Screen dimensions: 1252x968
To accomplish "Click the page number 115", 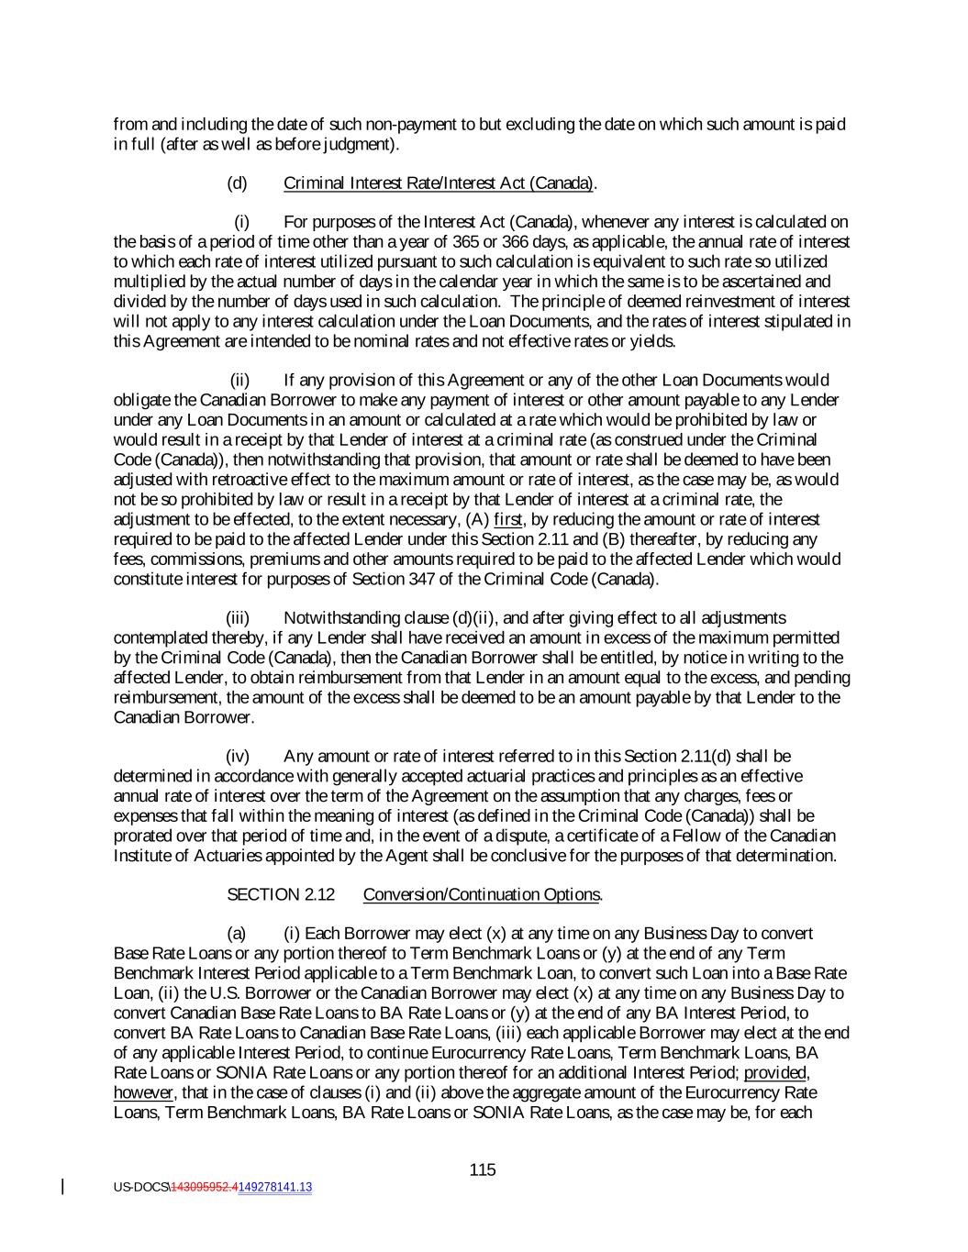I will [483, 1169].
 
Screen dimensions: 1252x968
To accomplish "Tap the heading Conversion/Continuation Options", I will [483, 894].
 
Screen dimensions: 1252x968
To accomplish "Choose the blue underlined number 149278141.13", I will [275, 1187].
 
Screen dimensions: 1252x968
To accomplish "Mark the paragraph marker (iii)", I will [238, 617].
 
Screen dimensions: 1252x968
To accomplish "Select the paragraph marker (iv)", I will [238, 756].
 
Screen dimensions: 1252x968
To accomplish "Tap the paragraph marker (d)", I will [237, 183].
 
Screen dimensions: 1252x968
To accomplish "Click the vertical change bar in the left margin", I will [62, 1187].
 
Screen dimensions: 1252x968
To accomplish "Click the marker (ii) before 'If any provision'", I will [239, 380].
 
